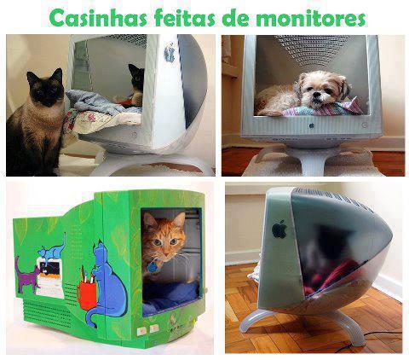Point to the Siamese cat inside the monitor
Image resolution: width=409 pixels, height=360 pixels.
(x=135, y=85)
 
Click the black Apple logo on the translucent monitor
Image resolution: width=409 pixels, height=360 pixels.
(x=279, y=229)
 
